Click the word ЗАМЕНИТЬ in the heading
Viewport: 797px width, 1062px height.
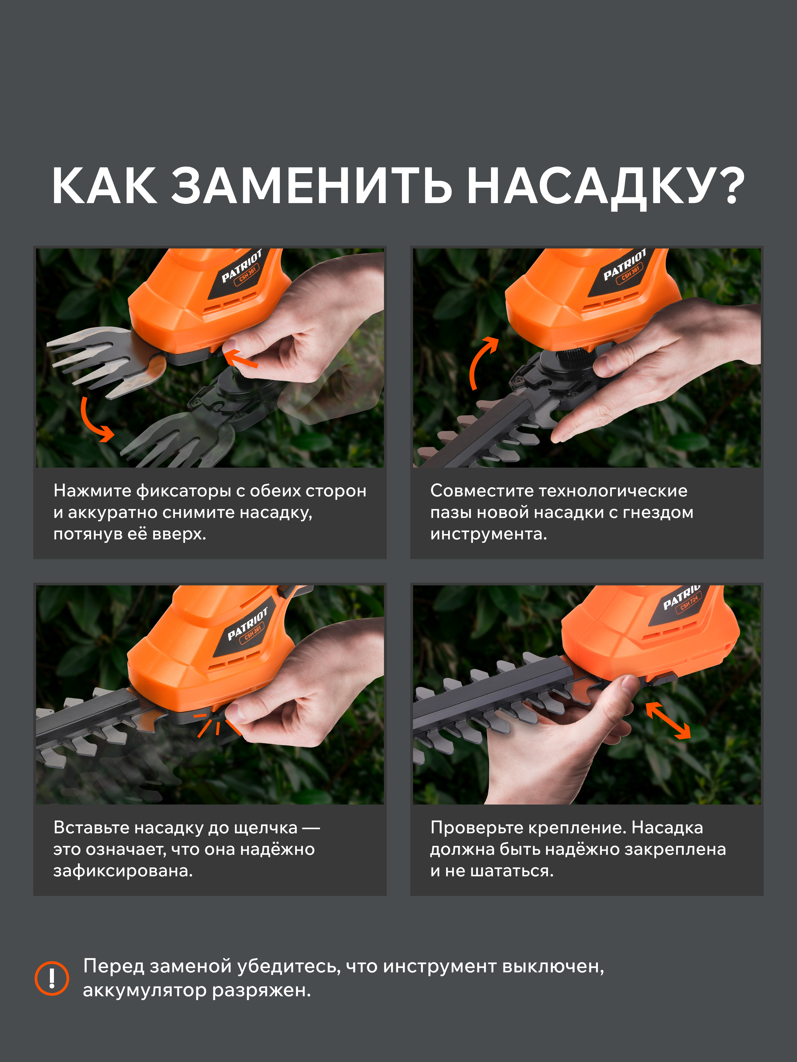tap(312, 186)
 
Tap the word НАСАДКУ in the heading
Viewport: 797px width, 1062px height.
tap(586, 187)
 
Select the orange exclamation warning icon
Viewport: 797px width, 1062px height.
tap(52, 978)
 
